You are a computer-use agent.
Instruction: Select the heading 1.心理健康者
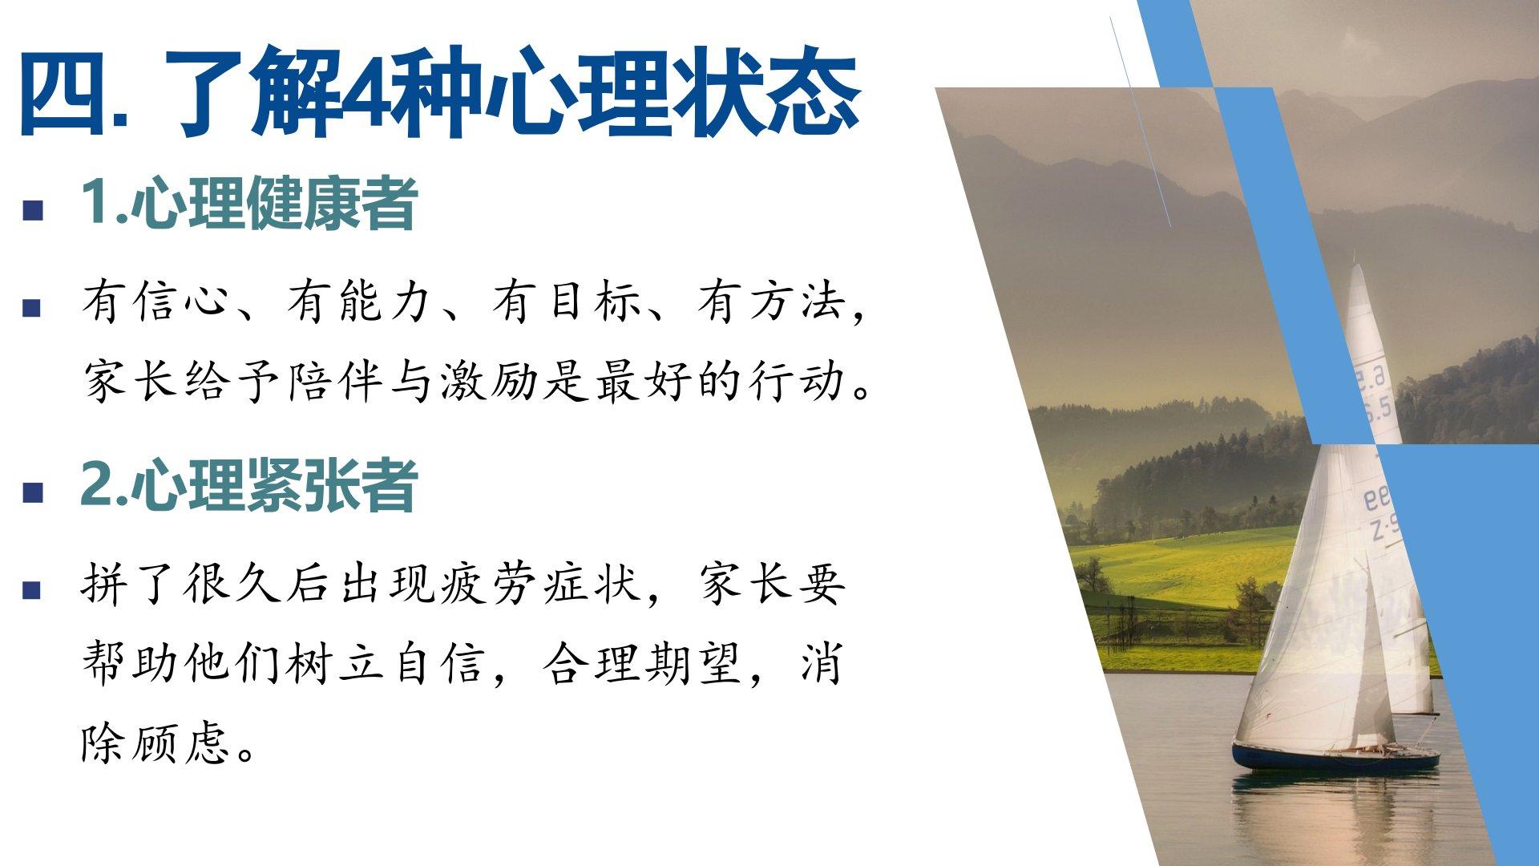[248, 203]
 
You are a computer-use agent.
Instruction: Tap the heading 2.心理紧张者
[248, 484]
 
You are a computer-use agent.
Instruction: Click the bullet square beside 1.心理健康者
[33, 210]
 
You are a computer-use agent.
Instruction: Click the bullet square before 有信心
[33, 308]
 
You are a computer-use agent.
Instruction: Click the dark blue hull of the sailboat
[1335, 757]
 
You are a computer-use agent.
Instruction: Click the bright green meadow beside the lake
[1186, 565]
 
